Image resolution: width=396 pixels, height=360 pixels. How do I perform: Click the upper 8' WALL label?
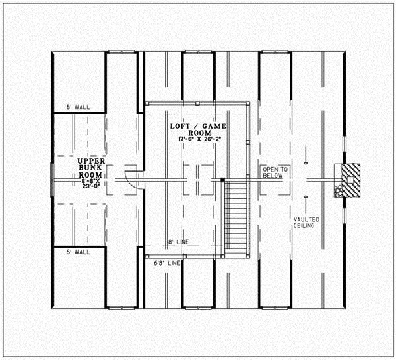[x=78, y=107]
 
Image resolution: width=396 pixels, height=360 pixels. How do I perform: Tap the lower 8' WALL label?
[x=78, y=252]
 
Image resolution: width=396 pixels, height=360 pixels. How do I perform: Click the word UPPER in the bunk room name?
[x=88, y=161]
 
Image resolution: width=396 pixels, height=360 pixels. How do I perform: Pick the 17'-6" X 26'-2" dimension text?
[x=196, y=139]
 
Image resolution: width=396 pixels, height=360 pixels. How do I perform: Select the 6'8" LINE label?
[x=166, y=263]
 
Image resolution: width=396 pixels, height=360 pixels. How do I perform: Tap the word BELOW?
[x=271, y=176]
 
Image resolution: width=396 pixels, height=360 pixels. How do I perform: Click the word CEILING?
[x=304, y=226]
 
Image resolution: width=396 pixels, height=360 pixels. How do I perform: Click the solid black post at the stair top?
[x=223, y=180]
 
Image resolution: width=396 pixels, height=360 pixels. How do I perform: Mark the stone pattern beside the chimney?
[x=338, y=192]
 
